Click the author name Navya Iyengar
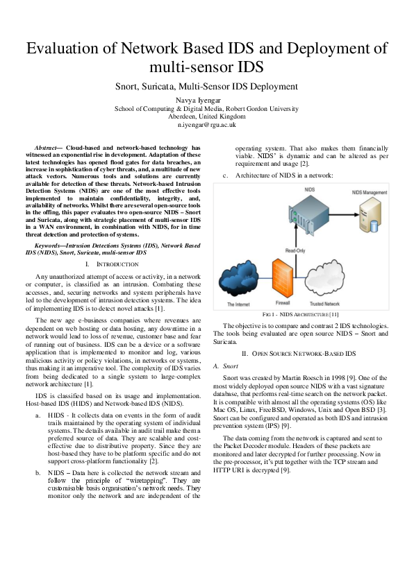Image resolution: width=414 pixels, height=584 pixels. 206,100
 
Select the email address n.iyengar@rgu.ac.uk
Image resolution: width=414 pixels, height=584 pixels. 206,125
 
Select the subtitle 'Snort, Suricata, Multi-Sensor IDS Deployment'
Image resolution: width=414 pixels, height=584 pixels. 206,87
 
